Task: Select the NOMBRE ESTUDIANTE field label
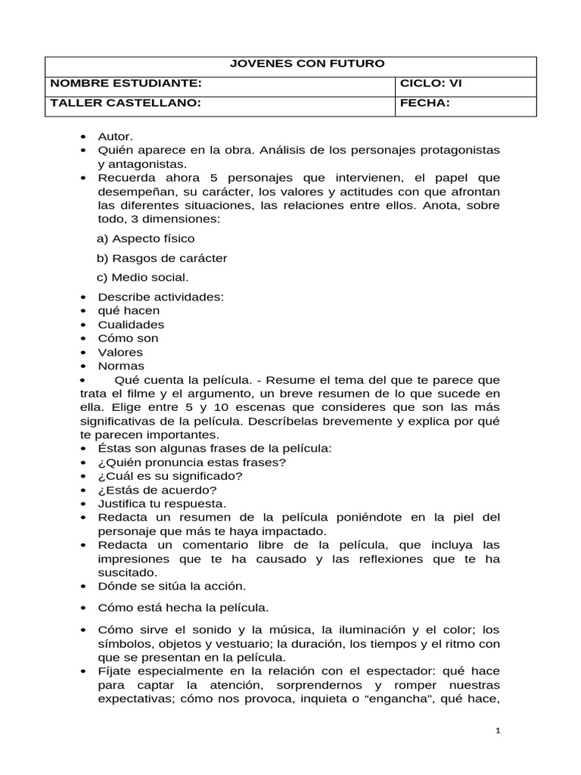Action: click(x=125, y=83)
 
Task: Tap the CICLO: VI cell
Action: click(x=430, y=83)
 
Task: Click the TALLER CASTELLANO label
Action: click(x=125, y=103)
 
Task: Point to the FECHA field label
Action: click(x=424, y=103)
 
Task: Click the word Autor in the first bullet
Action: click(x=115, y=136)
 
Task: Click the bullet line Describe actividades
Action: click(x=160, y=297)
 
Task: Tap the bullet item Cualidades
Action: click(x=131, y=324)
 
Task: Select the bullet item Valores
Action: click(x=120, y=352)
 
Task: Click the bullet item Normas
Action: click(x=121, y=366)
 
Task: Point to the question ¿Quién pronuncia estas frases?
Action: click(x=191, y=462)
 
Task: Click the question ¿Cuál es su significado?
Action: click(x=170, y=475)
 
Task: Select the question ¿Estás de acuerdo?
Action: click(x=157, y=489)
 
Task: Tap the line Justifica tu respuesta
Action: click(x=162, y=503)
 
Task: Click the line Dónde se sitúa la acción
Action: click(x=172, y=585)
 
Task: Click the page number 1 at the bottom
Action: click(x=498, y=731)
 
